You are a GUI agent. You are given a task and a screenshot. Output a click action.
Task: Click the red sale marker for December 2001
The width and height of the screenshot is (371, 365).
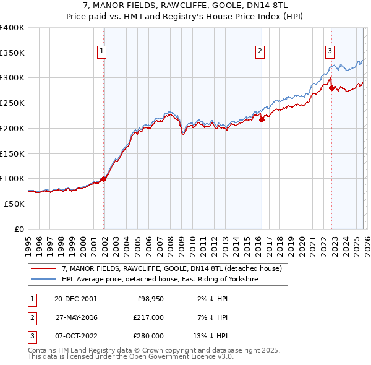pos(103,179)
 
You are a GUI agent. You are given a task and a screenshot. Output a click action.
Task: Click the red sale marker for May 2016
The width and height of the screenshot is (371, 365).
pos(261,119)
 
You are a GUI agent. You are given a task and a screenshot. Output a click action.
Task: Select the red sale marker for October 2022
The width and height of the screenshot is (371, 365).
pos(331,88)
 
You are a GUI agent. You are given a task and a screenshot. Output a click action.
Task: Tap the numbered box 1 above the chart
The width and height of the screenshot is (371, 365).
pos(101,51)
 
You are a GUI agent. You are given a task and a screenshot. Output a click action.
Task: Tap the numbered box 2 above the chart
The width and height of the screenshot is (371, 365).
pos(260,51)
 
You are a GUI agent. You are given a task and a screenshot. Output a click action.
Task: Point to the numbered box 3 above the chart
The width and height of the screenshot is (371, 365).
pos(330,51)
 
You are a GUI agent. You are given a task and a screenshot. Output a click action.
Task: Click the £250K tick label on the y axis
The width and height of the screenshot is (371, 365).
pos(12,103)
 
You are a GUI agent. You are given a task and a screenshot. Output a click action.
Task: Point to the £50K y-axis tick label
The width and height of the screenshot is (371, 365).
pos(15,204)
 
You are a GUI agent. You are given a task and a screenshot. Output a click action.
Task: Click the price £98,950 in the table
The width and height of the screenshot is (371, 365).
pos(150,298)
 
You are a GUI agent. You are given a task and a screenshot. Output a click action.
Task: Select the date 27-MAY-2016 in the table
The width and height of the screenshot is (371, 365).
pos(75,317)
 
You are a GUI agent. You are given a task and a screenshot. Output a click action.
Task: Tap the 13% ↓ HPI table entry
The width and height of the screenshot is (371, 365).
pos(210,336)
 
